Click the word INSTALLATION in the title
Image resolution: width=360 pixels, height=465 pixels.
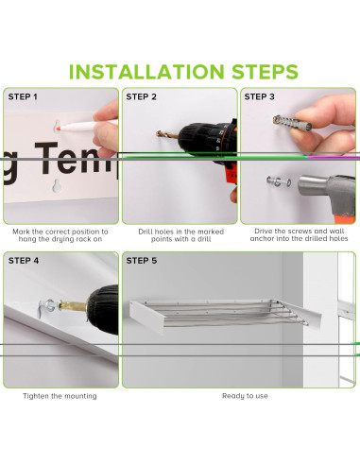pyautogui.click(x=146, y=72)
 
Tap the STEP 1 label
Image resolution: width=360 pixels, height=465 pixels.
pyautogui.click(x=23, y=96)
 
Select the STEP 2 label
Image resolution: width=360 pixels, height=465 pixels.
pyautogui.click(x=141, y=96)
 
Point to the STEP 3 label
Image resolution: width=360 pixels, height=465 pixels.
pyautogui.click(x=259, y=96)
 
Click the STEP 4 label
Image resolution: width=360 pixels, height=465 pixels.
pyautogui.click(x=24, y=261)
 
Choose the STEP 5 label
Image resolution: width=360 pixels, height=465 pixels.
pyautogui.click(x=142, y=261)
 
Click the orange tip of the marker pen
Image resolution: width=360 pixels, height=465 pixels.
pyautogui.click(x=59, y=128)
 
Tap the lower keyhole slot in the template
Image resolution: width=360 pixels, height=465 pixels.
pyautogui.click(x=57, y=185)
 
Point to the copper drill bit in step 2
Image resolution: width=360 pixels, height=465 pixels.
pyautogui.click(x=167, y=135)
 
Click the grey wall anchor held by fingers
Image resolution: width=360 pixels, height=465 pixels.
pyautogui.click(x=292, y=123)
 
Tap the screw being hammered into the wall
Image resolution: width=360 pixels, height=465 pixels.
pyautogui.click(x=279, y=181)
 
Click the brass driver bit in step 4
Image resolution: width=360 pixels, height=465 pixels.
pyautogui.click(x=73, y=305)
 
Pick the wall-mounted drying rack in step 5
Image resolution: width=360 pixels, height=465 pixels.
pyautogui.click(x=225, y=315)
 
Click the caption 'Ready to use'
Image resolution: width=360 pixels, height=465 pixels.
pyautogui.click(x=245, y=396)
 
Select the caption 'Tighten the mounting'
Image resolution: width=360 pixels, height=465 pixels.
pyautogui.click(x=60, y=396)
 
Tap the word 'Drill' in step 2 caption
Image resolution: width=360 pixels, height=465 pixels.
pyautogui.click(x=146, y=232)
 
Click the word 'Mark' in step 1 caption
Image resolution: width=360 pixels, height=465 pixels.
pyautogui.click(x=21, y=232)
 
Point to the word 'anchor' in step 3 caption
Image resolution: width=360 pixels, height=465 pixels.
pyautogui.click(x=262, y=238)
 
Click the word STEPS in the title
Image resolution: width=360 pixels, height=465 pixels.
pyautogui.click(x=265, y=72)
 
